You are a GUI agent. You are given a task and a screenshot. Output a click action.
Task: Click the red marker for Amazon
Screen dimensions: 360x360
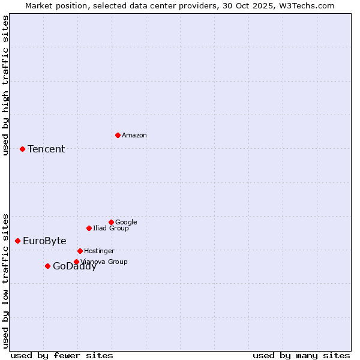click(x=118, y=135)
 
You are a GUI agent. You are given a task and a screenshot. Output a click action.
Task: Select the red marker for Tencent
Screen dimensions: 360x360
click(x=22, y=149)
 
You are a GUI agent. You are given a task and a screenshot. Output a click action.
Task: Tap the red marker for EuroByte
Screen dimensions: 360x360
click(x=17, y=241)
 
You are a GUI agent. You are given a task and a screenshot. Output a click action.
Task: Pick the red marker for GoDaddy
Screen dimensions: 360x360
click(x=47, y=266)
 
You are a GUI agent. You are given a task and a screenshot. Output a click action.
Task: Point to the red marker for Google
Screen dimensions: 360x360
click(x=111, y=222)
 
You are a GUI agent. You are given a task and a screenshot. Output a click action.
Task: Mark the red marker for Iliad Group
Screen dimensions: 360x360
click(x=89, y=228)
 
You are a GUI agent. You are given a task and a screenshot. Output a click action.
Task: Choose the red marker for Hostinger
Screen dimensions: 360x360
click(x=80, y=251)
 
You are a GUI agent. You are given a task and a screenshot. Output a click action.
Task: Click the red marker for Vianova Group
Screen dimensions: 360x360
click(x=76, y=262)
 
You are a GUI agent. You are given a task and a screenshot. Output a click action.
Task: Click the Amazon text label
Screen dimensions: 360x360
click(x=134, y=136)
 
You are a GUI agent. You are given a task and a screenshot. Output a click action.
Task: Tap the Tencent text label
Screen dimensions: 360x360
click(x=46, y=149)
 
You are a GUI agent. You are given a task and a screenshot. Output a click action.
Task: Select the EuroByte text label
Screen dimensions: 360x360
click(x=44, y=241)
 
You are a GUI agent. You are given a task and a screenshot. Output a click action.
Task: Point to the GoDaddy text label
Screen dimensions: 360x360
click(x=74, y=267)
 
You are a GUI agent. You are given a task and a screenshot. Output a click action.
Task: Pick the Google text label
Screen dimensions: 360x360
click(x=126, y=222)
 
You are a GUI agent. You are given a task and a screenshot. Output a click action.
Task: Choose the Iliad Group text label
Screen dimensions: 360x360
click(x=111, y=228)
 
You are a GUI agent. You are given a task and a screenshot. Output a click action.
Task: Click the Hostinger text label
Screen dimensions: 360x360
click(x=99, y=251)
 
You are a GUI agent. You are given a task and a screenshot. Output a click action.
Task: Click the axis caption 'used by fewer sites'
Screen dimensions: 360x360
click(x=62, y=355)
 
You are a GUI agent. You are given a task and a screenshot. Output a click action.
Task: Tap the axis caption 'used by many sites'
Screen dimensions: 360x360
click(x=301, y=355)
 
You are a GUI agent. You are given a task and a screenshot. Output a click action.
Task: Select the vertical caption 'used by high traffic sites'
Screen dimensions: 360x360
click(x=5, y=85)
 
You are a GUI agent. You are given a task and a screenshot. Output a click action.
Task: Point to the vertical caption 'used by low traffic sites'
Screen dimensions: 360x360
click(x=5, y=280)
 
